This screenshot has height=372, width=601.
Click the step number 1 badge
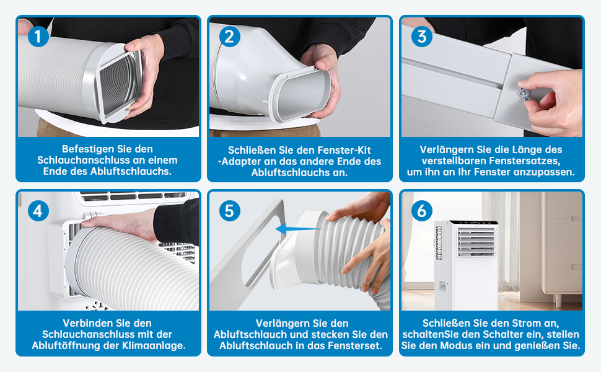[x=38, y=37]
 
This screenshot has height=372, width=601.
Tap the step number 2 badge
[x=230, y=37]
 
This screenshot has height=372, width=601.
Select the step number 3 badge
[x=421, y=37]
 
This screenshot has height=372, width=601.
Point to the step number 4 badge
[x=38, y=211]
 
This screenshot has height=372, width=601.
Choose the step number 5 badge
[x=230, y=211]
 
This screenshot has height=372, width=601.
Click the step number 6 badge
[x=421, y=211]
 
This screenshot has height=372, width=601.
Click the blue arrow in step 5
[x=299, y=229]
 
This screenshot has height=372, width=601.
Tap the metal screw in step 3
[x=524, y=92]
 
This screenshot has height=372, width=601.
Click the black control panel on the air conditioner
[x=474, y=223]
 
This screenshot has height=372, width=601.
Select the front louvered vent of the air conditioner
[x=476, y=242]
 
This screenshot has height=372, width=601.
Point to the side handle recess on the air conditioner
[x=442, y=286]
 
